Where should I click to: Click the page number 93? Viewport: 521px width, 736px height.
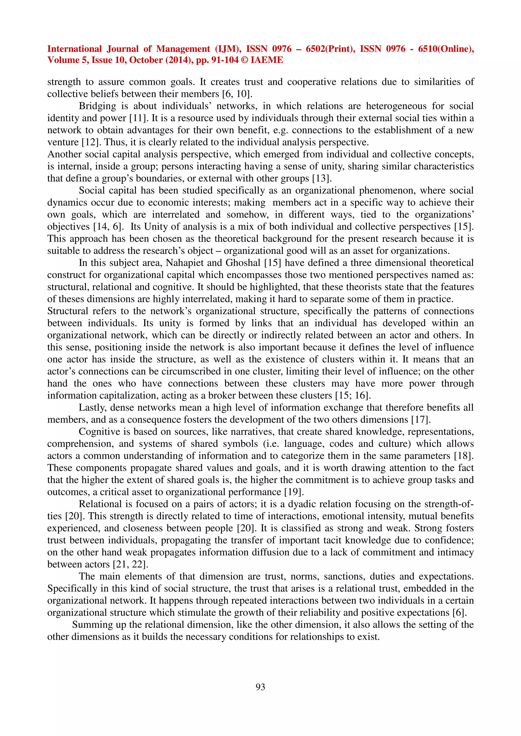(260, 687)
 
